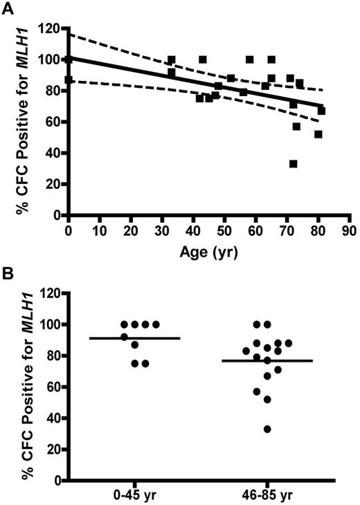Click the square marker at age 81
coord(321,111)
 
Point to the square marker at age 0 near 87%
coord(69,80)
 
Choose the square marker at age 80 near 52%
coord(318,134)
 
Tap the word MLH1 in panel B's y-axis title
coord(21,314)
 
